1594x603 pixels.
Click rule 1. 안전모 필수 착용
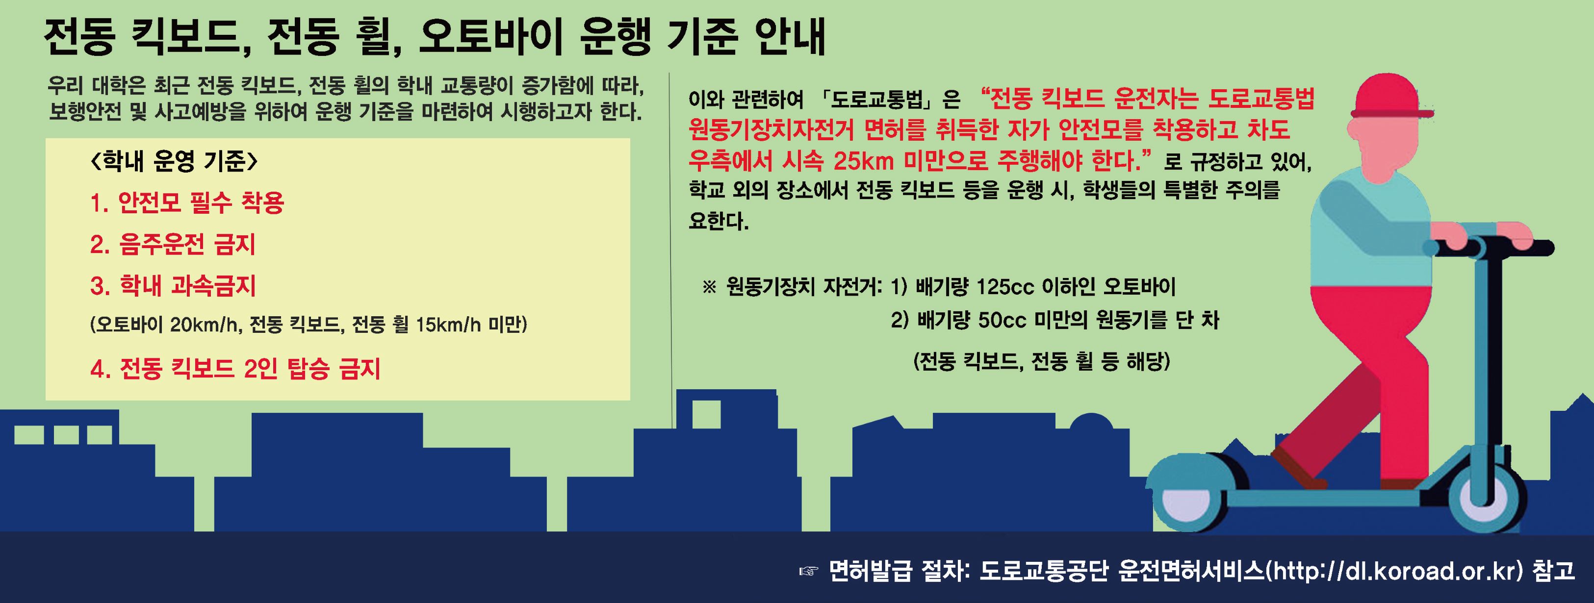187,203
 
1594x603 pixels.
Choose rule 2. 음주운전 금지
173,244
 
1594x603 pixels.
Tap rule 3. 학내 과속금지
173,286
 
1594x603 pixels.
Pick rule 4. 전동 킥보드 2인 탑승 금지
235,369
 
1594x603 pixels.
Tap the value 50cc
1003,320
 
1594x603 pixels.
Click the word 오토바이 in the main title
489,38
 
